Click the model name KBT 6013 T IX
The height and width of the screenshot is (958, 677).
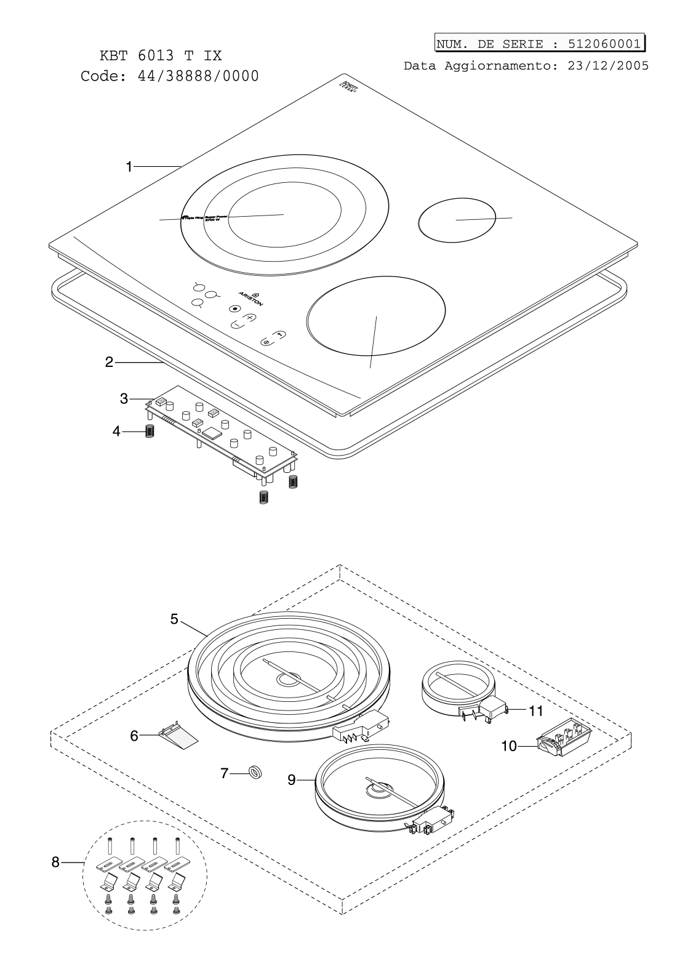(x=161, y=56)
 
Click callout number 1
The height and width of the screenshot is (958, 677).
(x=129, y=166)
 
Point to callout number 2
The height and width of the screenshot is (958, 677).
(x=109, y=363)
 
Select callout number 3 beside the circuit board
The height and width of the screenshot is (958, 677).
(x=124, y=399)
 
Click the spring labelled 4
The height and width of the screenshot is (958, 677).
(x=148, y=432)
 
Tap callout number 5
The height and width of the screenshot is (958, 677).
(x=174, y=619)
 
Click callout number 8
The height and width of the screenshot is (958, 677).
(x=55, y=863)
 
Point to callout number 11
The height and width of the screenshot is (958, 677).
(x=536, y=710)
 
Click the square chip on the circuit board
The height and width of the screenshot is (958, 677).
(x=212, y=432)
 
